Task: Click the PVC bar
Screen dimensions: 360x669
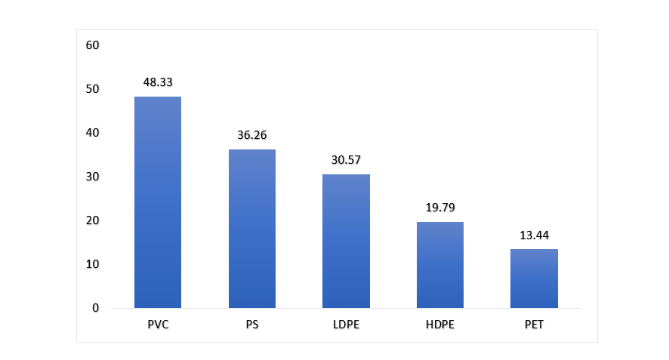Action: coord(158,202)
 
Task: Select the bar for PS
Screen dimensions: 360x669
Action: coord(252,229)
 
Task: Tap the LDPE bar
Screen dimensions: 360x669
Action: coord(346,241)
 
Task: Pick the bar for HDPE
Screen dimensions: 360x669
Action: coord(440,265)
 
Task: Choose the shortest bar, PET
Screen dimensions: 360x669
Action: coord(534,278)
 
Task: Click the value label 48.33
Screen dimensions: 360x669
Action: coord(158,82)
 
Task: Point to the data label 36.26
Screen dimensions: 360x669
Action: coord(252,135)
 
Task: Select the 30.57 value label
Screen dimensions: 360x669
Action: coord(346,160)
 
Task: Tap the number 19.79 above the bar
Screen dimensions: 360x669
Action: coord(440,207)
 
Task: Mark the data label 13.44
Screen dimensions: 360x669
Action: coord(534,235)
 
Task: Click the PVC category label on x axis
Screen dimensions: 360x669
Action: coord(158,325)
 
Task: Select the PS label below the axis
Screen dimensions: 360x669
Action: coord(252,325)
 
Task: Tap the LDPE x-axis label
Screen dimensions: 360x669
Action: coord(346,325)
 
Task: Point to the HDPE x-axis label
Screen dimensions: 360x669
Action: coord(440,325)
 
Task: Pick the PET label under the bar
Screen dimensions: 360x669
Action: coord(534,325)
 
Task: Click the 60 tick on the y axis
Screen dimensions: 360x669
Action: coord(93,45)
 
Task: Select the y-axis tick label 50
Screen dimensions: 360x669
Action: coord(93,89)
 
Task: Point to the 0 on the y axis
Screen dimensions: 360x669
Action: coord(96,308)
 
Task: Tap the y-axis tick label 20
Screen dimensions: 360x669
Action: coord(93,220)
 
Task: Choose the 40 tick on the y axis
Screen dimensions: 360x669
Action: coord(93,133)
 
